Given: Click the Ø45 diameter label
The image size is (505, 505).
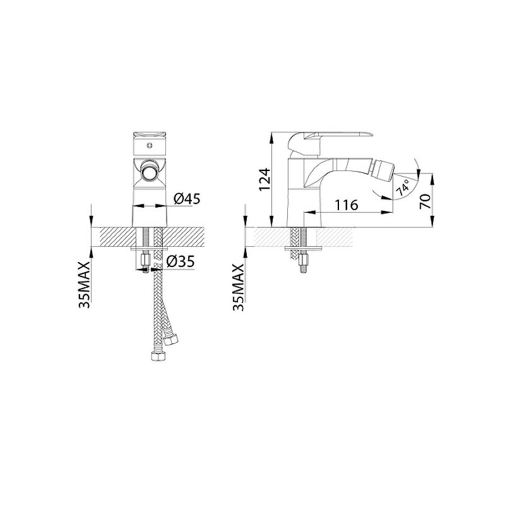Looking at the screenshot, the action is pyautogui.click(x=187, y=198).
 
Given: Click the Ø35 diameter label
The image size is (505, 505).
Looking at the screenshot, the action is pyautogui.click(x=181, y=261).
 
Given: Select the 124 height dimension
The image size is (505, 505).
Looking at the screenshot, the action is pyautogui.click(x=264, y=179).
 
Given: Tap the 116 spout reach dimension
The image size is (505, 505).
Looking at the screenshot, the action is pyautogui.click(x=347, y=205).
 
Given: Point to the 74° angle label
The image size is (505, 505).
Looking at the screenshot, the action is pyautogui.click(x=403, y=187).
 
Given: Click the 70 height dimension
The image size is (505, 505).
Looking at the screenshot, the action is pyautogui.click(x=425, y=201).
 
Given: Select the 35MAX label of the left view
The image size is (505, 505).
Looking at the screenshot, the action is pyautogui.click(x=85, y=285).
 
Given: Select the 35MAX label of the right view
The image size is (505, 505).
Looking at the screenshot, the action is pyautogui.click(x=239, y=287).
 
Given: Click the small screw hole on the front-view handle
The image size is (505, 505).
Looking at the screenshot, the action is pyautogui.click(x=149, y=146).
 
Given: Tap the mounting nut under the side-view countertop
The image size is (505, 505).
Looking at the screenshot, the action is pyautogui.click(x=304, y=259).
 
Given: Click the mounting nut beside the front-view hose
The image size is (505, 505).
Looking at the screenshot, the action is pyautogui.click(x=146, y=259).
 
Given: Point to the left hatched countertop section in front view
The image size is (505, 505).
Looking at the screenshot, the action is pyautogui.click(x=118, y=237).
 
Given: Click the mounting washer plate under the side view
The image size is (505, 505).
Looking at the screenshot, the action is pyautogui.click(x=304, y=248).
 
